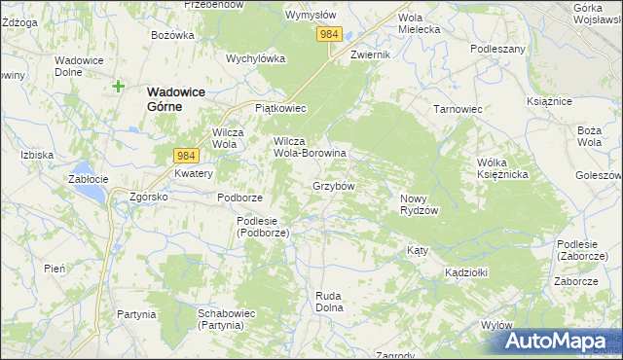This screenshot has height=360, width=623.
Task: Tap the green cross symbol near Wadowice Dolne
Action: click(x=118, y=86)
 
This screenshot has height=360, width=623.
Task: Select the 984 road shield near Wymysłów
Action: click(x=329, y=34)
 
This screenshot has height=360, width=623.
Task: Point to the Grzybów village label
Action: click(x=333, y=185)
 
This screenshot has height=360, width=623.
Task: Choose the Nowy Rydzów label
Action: click(x=421, y=204)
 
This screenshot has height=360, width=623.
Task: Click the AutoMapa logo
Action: click(x=556, y=341)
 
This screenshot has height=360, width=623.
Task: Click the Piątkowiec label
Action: click(x=280, y=108)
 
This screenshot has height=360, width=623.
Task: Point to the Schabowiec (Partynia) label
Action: click(x=226, y=319)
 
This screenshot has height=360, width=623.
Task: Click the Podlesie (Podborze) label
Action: click(x=263, y=227)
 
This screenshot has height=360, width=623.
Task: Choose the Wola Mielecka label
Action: click(x=420, y=23)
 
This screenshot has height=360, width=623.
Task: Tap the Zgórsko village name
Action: click(x=150, y=196)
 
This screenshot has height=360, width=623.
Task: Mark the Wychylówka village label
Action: click(x=255, y=58)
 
